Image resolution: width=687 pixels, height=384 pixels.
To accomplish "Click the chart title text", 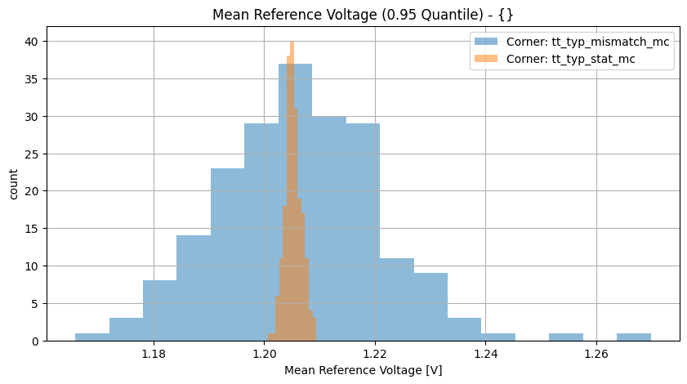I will pos(362,15).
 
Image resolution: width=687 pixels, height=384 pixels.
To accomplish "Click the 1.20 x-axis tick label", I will pos(265,354).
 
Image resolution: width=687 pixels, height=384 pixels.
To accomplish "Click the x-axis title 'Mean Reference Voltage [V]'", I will pos(363,370).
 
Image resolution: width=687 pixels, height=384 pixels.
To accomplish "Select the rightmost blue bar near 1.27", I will pos(634,337).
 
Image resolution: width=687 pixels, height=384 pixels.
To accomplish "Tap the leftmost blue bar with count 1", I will pos(92,337).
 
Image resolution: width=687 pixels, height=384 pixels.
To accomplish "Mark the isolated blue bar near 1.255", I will pos(566,337).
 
